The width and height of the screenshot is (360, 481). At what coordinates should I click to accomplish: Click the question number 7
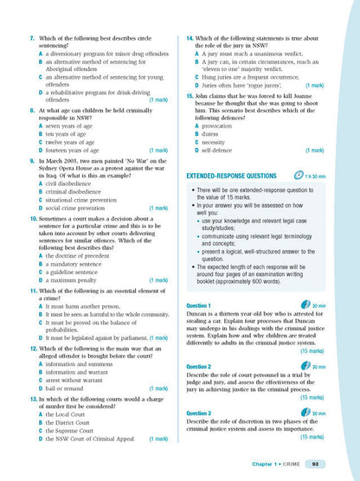(31, 40)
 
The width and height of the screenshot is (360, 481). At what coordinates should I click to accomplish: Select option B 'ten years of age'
(70, 134)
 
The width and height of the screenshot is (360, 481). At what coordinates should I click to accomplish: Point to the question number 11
(32, 290)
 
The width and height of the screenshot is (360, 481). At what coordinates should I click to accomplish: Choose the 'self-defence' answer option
(222, 151)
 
